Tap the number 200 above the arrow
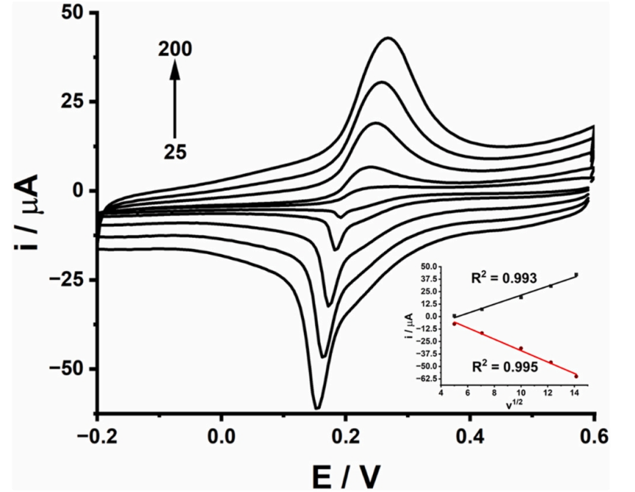175,49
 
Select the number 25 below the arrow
175,152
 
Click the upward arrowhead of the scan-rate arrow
175,68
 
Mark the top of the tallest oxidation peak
388,38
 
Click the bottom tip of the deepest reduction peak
317,408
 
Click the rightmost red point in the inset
576,376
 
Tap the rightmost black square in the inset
576,275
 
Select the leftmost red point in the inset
455,324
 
